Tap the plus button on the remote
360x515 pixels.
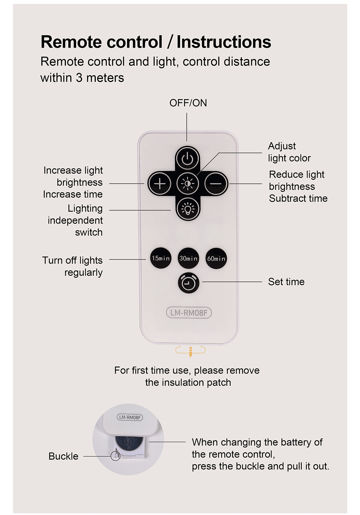(160, 184)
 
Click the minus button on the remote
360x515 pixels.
(216, 184)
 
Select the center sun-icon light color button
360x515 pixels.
(188, 184)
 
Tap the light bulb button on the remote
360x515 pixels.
(188, 209)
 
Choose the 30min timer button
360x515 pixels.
(188, 258)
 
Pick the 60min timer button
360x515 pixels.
(216, 258)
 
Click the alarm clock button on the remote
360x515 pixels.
(188, 283)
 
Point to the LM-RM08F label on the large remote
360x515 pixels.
(189, 313)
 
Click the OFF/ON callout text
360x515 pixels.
(188, 103)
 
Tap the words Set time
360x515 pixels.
(286, 282)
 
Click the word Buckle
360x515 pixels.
(63, 456)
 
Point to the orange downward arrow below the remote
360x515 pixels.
(190, 352)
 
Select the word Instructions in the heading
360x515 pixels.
(224, 42)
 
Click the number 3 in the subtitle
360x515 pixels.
(79, 78)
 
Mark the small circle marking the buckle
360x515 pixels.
(115, 456)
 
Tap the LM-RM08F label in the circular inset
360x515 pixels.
(130, 417)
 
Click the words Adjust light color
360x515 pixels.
(289, 152)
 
